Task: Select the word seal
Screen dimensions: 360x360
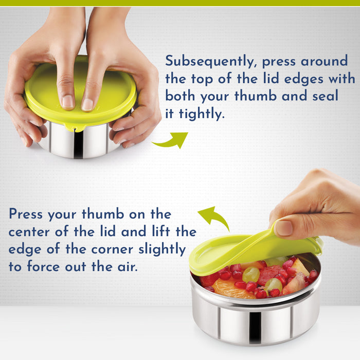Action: pos(325,96)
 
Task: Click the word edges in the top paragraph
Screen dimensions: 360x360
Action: pos(303,79)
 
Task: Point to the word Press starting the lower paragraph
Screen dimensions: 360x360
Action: pos(26,214)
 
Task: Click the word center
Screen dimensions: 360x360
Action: pos(29,232)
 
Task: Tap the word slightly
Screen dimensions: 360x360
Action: pos(162,249)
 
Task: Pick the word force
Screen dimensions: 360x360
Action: pos(44,266)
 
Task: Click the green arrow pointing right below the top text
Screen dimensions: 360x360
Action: pos(171,142)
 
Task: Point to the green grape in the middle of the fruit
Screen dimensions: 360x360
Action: pos(251,275)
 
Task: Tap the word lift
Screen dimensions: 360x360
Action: pos(161,231)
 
